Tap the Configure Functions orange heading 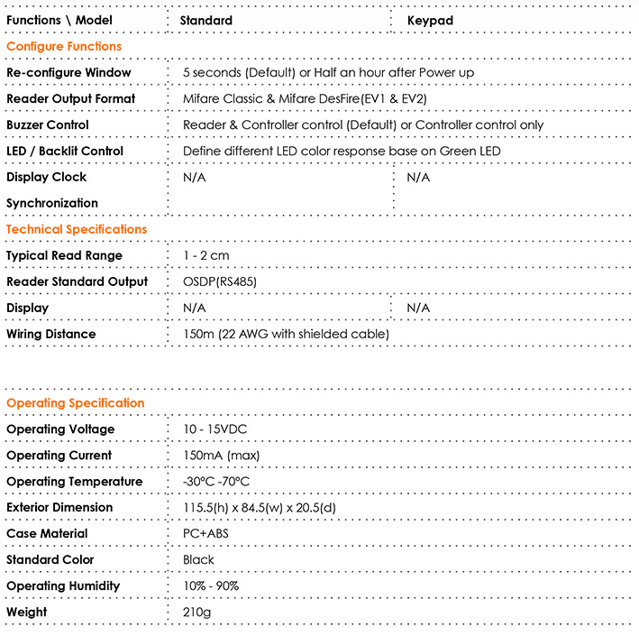[64, 46]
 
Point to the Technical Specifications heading [77, 229]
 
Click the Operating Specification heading [75, 402]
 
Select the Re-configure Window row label [68, 72]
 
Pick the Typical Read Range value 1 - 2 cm [205, 255]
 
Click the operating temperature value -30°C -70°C [215, 482]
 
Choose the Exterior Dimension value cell [249, 508]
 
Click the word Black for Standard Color [198, 559]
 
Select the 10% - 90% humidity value [210, 585]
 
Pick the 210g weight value [196, 612]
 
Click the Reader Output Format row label [71, 98]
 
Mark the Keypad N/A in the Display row [418, 308]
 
